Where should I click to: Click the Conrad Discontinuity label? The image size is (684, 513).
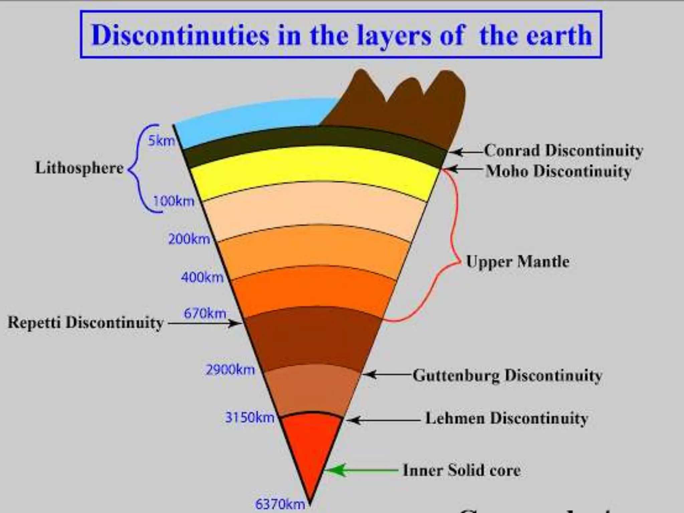tap(563, 151)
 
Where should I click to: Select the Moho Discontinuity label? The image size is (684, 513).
tap(558, 171)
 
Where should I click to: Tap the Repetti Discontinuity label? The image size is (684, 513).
tap(85, 323)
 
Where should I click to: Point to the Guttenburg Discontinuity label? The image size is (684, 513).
tap(507, 375)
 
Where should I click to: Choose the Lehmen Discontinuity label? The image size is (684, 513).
tap(506, 418)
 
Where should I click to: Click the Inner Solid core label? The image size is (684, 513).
tap(462, 470)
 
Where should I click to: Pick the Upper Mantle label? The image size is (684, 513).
tap(518, 262)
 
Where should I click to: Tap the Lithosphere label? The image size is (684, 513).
tap(79, 168)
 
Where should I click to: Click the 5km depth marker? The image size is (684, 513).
tap(161, 141)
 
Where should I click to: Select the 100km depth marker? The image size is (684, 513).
tap(174, 201)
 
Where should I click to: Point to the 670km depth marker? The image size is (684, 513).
tap(205, 313)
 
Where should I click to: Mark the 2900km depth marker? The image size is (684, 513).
tap(230, 370)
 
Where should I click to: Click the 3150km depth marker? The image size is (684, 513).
tap(249, 417)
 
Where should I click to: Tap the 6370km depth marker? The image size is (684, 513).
tap(280, 504)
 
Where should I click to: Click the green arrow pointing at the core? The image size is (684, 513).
tap(361, 470)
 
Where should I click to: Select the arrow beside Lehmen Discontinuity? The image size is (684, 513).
tap(382, 420)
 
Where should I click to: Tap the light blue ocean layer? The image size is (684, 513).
tap(254, 120)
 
